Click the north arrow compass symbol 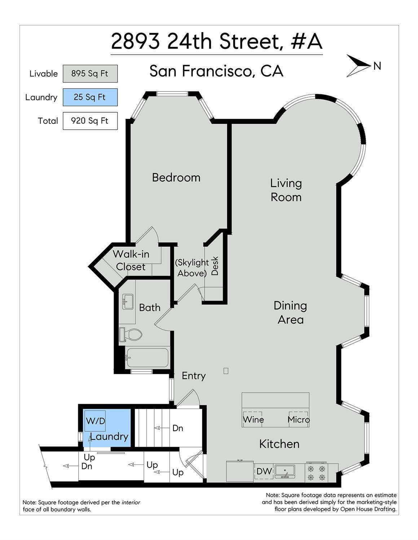[358, 66]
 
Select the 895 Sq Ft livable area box [90, 73]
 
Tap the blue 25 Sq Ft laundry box [90, 97]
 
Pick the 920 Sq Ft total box [90, 121]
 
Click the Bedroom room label [176, 178]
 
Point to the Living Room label [286, 190]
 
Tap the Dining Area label [290, 313]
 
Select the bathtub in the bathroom [147, 358]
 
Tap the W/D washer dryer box [95, 421]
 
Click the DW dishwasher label [264, 471]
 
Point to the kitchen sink [285, 471]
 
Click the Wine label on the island [253, 420]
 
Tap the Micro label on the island [299, 420]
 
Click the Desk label [215, 266]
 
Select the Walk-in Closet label [131, 260]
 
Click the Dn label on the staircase [178, 428]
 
